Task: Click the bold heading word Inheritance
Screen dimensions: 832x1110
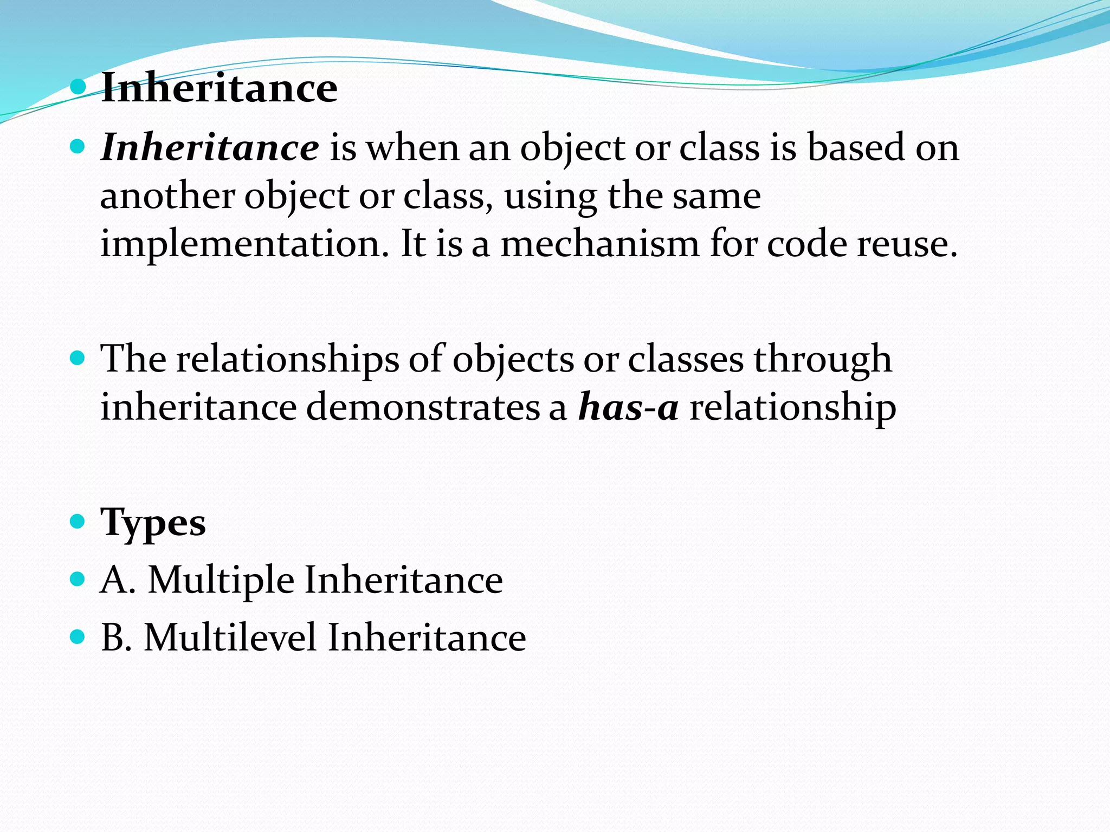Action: (x=219, y=88)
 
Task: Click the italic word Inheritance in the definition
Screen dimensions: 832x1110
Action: (x=210, y=147)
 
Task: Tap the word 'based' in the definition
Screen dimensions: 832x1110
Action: (x=856, y=147)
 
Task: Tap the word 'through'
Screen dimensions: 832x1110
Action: (x=823, y=360)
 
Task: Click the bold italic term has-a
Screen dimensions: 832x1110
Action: (x=628, y=407)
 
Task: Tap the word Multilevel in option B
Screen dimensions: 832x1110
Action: (x=230, y=638)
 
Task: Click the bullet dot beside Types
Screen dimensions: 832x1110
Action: (x=78, y=522)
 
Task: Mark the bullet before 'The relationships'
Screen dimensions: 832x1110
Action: (x=78, y=357)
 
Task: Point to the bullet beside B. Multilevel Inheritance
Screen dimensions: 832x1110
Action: (x=78, y=636)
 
